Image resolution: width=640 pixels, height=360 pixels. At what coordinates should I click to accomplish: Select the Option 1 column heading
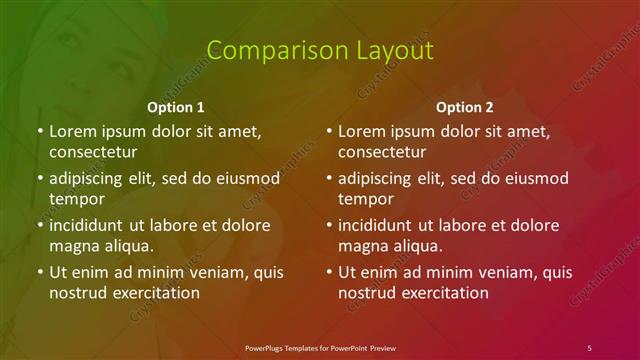click(x=176, y=106)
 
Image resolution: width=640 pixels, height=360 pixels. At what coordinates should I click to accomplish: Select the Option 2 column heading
click(x=465, y=106)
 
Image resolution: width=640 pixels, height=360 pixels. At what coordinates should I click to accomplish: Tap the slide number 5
click(x=589, y=347)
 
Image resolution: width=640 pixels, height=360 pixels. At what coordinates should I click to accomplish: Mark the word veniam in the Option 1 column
click(x=204, y=272)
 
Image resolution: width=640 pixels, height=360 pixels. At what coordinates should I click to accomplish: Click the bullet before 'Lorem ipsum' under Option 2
click(x=328, y=131)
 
